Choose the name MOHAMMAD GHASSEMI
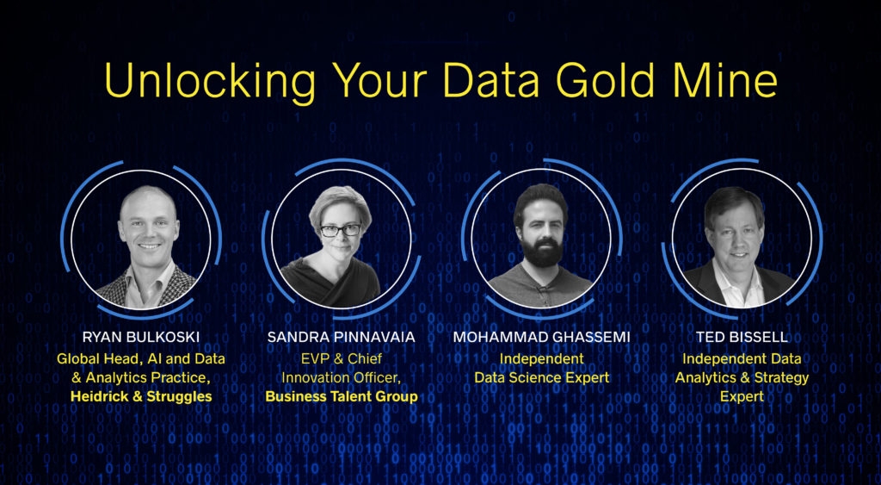540,337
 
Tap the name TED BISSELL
741,337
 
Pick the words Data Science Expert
541,377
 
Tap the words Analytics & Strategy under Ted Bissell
742,377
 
